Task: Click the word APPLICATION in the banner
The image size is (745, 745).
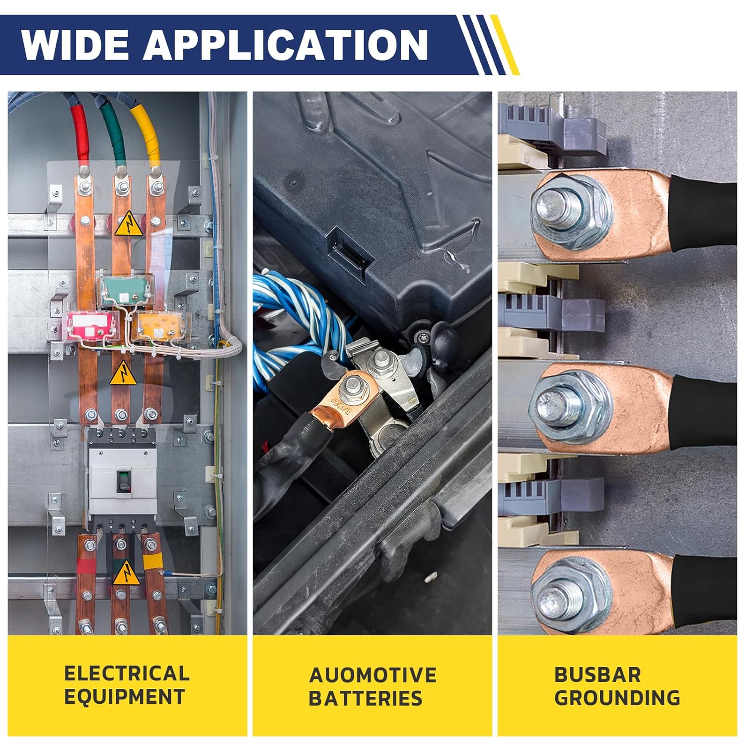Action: (286, 45)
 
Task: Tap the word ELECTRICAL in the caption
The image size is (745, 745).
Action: (127, 673)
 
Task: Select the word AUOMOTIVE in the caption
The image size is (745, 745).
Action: (372, 675)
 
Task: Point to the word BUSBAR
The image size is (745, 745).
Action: (597, 674)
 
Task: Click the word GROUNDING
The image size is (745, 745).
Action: (617, 697)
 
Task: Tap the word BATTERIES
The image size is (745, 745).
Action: (365, 698)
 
